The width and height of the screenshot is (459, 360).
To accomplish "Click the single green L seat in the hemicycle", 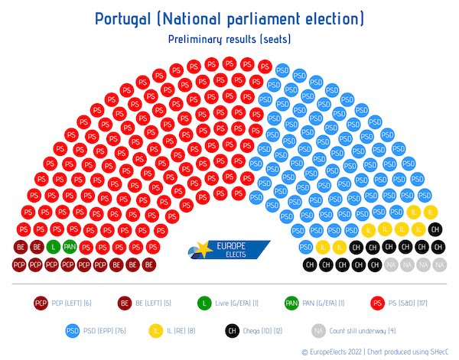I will point(53,246).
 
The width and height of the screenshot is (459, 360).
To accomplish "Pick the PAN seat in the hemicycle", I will point(70,246).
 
